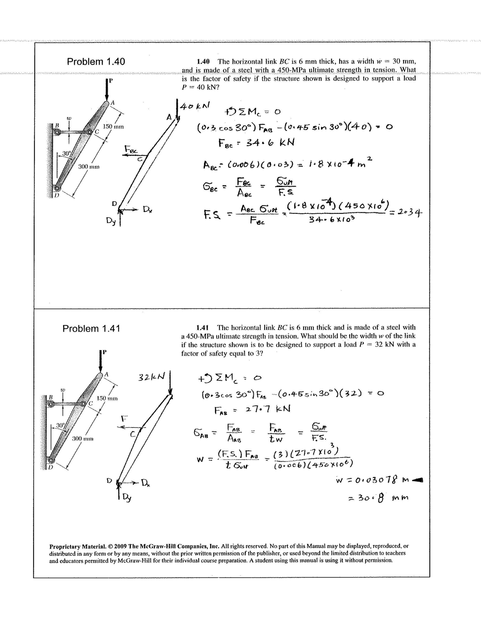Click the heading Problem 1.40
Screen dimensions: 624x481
coord(96,62)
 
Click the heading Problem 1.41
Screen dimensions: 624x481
coord(91,329)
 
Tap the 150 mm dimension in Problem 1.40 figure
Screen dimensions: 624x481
coord(113,127)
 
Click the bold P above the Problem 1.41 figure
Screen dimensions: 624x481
coord(104,352)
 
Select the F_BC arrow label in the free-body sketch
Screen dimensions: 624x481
coord(131,149)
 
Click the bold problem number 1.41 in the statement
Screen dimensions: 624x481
coord(202,327)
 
